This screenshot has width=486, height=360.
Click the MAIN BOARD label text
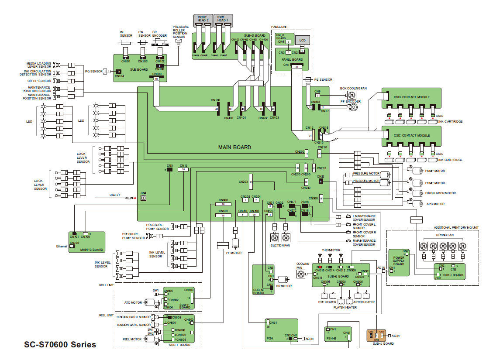pos(234,147)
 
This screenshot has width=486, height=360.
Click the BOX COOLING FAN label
pos(353,88)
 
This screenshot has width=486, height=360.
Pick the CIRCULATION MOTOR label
pos(440,193)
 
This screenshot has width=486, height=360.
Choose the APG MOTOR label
pos(435,204)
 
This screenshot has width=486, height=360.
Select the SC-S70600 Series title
pos(60,345)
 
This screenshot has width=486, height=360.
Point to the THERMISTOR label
pos(331,250)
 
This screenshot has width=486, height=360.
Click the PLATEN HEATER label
pos(345,307)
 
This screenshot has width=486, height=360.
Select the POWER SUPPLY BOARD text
pos(399,261)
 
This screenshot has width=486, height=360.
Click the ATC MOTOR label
pos(134,302)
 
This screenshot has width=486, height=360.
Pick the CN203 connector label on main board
pos(243,181)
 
